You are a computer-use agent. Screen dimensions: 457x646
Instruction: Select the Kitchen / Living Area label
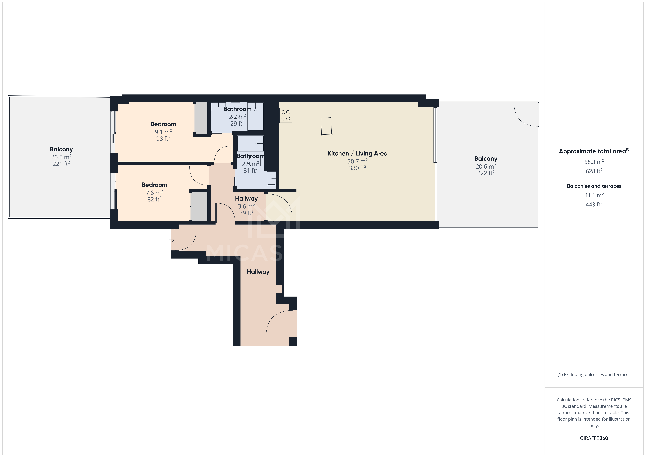tap(357, 153)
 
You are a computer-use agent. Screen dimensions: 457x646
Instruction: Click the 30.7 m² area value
tap(357, 161)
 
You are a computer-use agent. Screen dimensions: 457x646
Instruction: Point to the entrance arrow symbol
tap(172, 240)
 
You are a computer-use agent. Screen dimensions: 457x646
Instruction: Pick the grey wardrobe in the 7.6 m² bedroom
tap(199, 207)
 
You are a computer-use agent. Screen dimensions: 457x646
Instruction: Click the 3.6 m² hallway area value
tap(246, 206)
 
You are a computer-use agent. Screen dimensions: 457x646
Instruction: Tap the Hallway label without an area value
tap(258, 272)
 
